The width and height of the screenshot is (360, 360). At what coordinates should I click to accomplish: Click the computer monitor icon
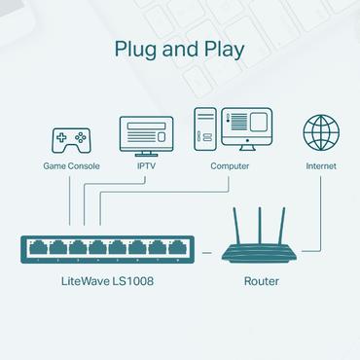coord(248,129)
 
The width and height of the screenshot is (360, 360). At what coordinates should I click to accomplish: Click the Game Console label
coord(69,166)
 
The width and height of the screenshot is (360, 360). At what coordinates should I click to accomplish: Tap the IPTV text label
coord(145,166)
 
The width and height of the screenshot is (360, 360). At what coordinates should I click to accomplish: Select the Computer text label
coord(230,166)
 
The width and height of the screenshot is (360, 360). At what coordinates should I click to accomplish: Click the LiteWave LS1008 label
coord(106,281)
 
